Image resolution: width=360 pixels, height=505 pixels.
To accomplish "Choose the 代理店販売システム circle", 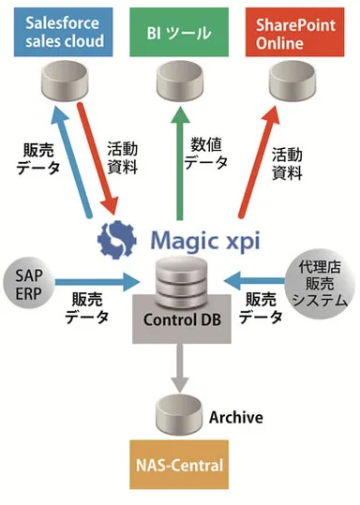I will pos(321,281).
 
